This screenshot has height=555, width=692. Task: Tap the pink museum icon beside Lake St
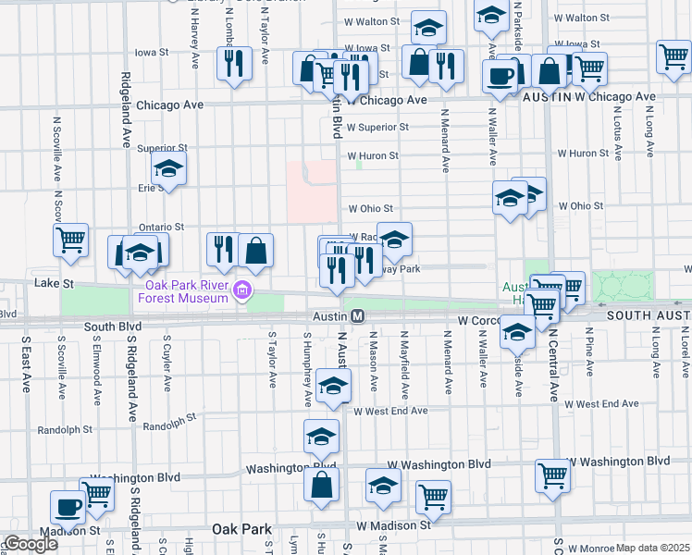tap(243, 291)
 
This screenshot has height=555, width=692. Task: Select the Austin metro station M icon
tap(358, 316)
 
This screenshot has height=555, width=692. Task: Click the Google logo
tap(30, 544)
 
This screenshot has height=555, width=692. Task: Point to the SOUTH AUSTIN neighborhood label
tap(649, 315)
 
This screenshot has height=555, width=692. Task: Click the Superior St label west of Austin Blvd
tap(162, 148)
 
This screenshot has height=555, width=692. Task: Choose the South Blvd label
tap(112, 327)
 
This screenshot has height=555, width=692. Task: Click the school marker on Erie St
tap(168, 169)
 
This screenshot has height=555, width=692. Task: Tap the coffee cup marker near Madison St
tap(68, 507)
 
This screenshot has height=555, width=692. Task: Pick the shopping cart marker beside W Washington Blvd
tap(552, 475)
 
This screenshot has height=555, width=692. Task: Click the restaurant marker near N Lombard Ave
tap(234, 63)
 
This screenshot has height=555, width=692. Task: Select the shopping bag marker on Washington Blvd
tap(321, 484)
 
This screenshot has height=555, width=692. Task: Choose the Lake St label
tap(52, 282)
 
